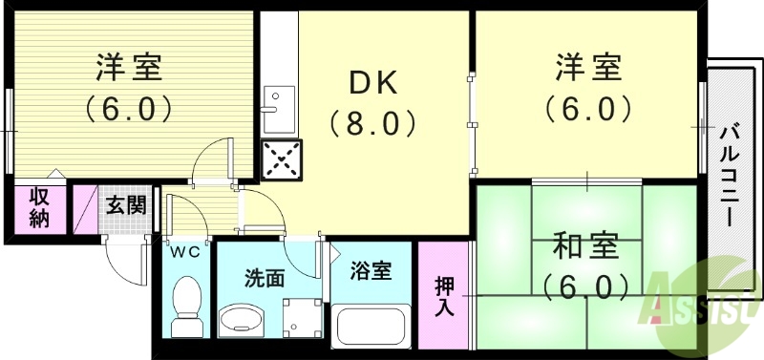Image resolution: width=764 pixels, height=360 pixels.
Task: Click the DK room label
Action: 372,84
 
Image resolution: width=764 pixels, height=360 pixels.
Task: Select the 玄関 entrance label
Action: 125,204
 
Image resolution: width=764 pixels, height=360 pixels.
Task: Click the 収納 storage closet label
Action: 39,208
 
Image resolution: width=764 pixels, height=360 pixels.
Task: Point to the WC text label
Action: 184,253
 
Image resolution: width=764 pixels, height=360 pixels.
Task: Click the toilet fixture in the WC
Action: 188,304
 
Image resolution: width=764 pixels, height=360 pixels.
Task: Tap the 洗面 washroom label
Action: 265,278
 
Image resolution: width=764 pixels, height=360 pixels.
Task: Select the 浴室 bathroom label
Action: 370,271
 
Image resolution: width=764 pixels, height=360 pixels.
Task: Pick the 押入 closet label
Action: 445,296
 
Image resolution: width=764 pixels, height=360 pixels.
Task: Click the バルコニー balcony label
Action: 731,175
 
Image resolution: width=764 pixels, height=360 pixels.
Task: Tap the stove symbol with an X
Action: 281,159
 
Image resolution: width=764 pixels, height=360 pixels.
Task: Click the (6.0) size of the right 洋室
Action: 589,108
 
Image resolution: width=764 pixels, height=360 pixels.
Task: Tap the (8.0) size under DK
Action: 373,123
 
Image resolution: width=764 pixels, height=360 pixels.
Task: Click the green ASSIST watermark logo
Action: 703,302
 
